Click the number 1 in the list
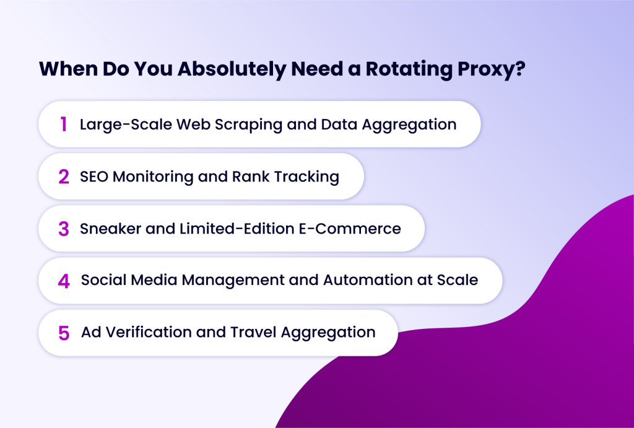pos(63,124)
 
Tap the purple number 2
pos(64,177)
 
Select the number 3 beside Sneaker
pos(64,229)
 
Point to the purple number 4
pos(64,281)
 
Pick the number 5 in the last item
pos(64,333)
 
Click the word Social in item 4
pos(101,280)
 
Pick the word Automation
pos(359,280)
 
